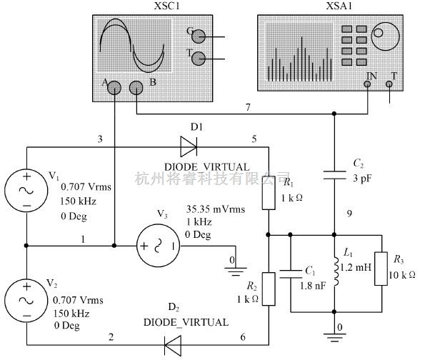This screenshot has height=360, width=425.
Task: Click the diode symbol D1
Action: click(189, 148)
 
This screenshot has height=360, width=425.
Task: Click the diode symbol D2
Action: click(172, 344)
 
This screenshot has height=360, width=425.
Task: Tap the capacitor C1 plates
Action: click(291, 272)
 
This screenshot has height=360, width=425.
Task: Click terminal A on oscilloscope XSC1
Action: click(114, 88)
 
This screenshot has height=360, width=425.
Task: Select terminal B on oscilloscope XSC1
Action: click(136, 88)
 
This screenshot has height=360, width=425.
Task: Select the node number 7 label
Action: click(247, 107)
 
